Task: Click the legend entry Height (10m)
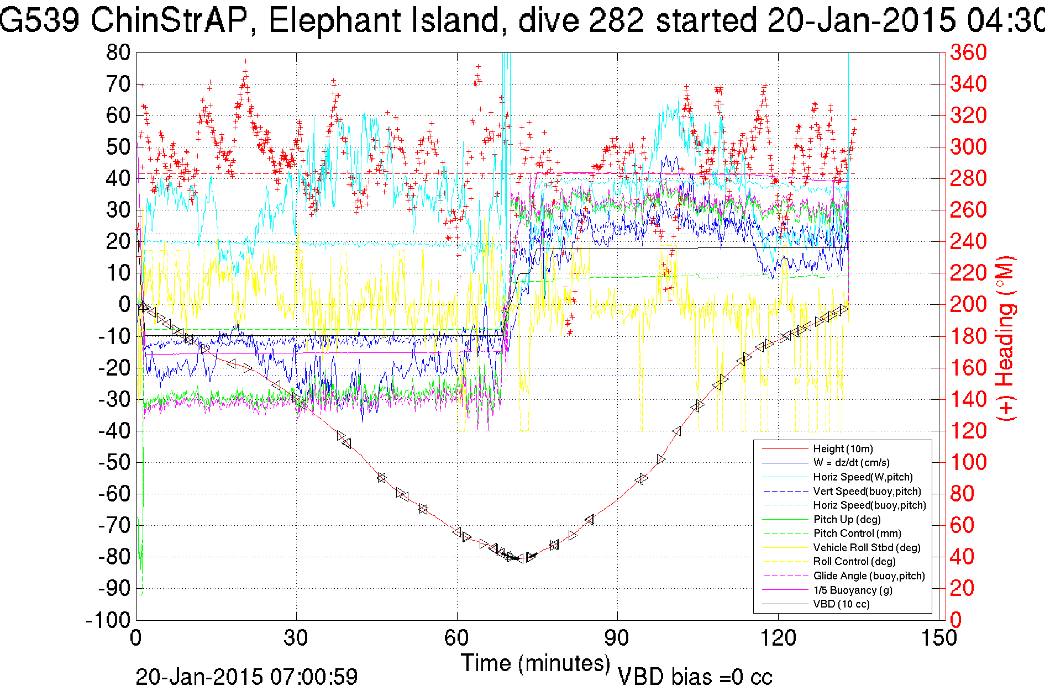(843, 448)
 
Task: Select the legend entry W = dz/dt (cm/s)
(851, 463)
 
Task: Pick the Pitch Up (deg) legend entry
(847, 519)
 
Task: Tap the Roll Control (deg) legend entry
(854, 561)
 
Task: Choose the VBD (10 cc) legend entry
(841, 604)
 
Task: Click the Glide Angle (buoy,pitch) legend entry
(869, 575)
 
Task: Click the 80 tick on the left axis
(118, 53)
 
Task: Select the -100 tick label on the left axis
(108, 620)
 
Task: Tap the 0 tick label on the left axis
(124, 304)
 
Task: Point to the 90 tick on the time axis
(617, 638)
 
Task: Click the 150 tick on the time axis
(938, 638)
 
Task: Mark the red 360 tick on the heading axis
(968, 53)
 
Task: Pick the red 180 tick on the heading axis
(968, 336)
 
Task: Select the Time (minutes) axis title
(535, 663)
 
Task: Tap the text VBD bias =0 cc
(695, 677)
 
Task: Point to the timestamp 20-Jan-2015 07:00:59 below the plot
(246, 677)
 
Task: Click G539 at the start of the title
(39, 21)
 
